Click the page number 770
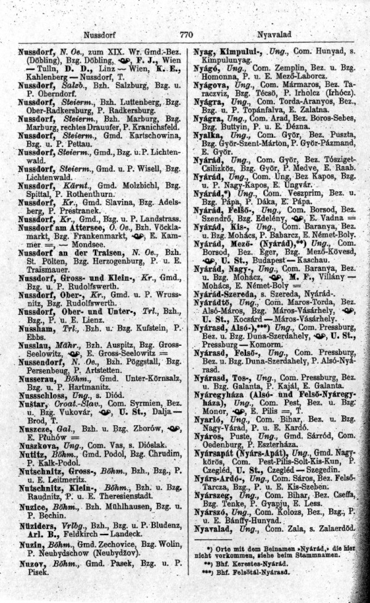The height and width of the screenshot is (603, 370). tap(186, 35)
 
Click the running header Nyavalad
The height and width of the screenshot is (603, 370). tap(274, 35)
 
